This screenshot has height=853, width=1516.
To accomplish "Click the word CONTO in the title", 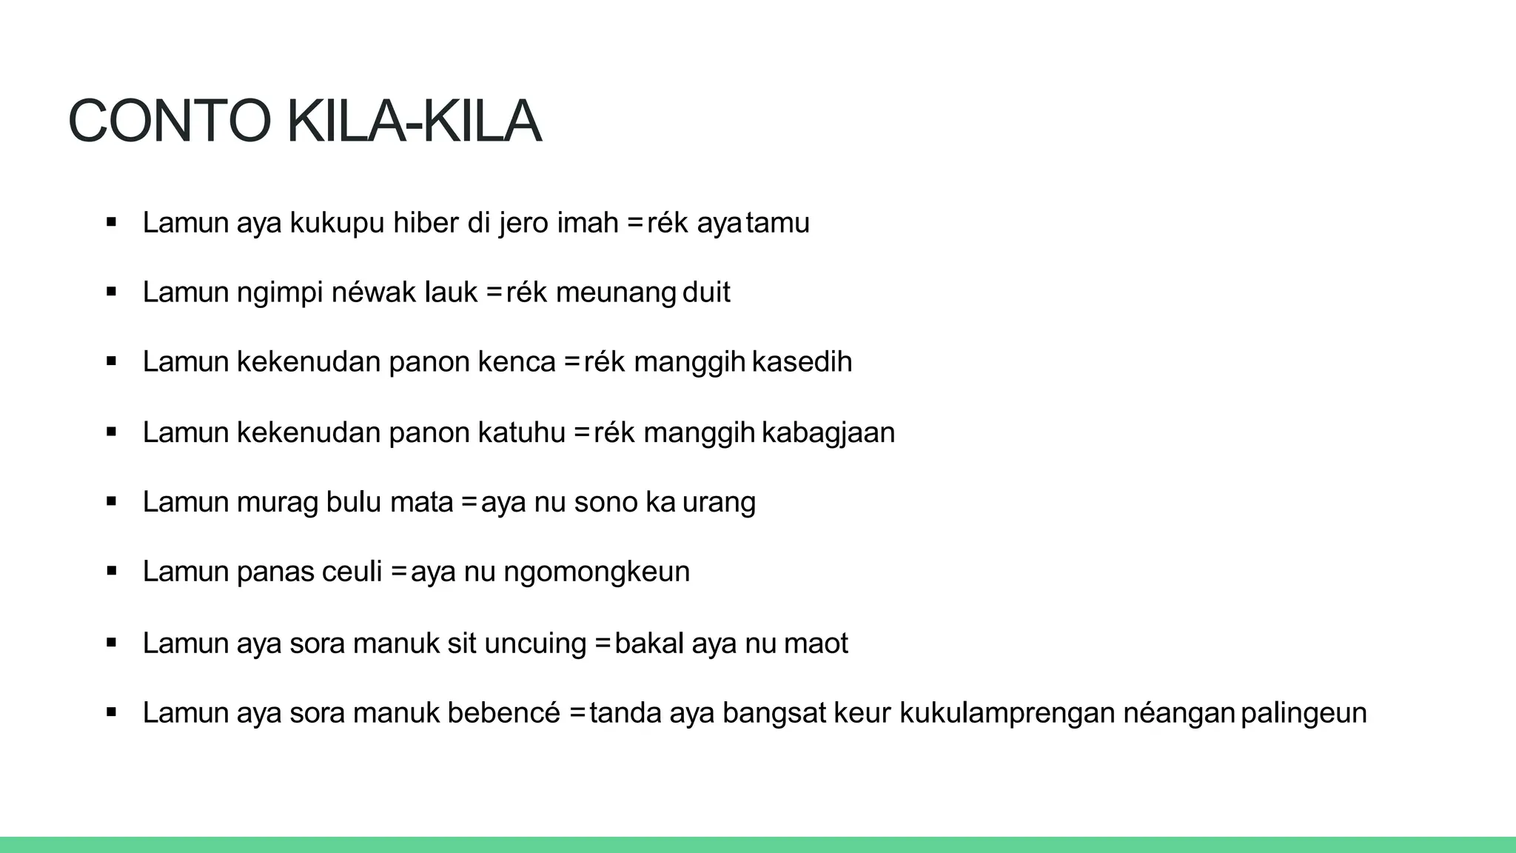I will tap(170, 122).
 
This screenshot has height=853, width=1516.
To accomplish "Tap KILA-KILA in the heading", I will tap(414, 122).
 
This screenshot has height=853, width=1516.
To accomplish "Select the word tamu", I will tap(778, 223).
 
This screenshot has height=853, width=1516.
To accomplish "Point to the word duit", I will tap(706, 292).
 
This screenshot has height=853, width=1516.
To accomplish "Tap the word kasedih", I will tap(802, 362).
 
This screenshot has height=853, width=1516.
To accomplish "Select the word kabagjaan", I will tap(828, 432).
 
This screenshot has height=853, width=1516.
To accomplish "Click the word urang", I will tap(719, 502).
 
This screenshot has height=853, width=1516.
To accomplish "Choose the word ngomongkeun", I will tap(597, 572).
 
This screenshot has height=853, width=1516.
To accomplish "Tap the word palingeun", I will tap(1304, 713).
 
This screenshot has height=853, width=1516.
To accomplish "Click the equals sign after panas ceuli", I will tap(400, 572).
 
